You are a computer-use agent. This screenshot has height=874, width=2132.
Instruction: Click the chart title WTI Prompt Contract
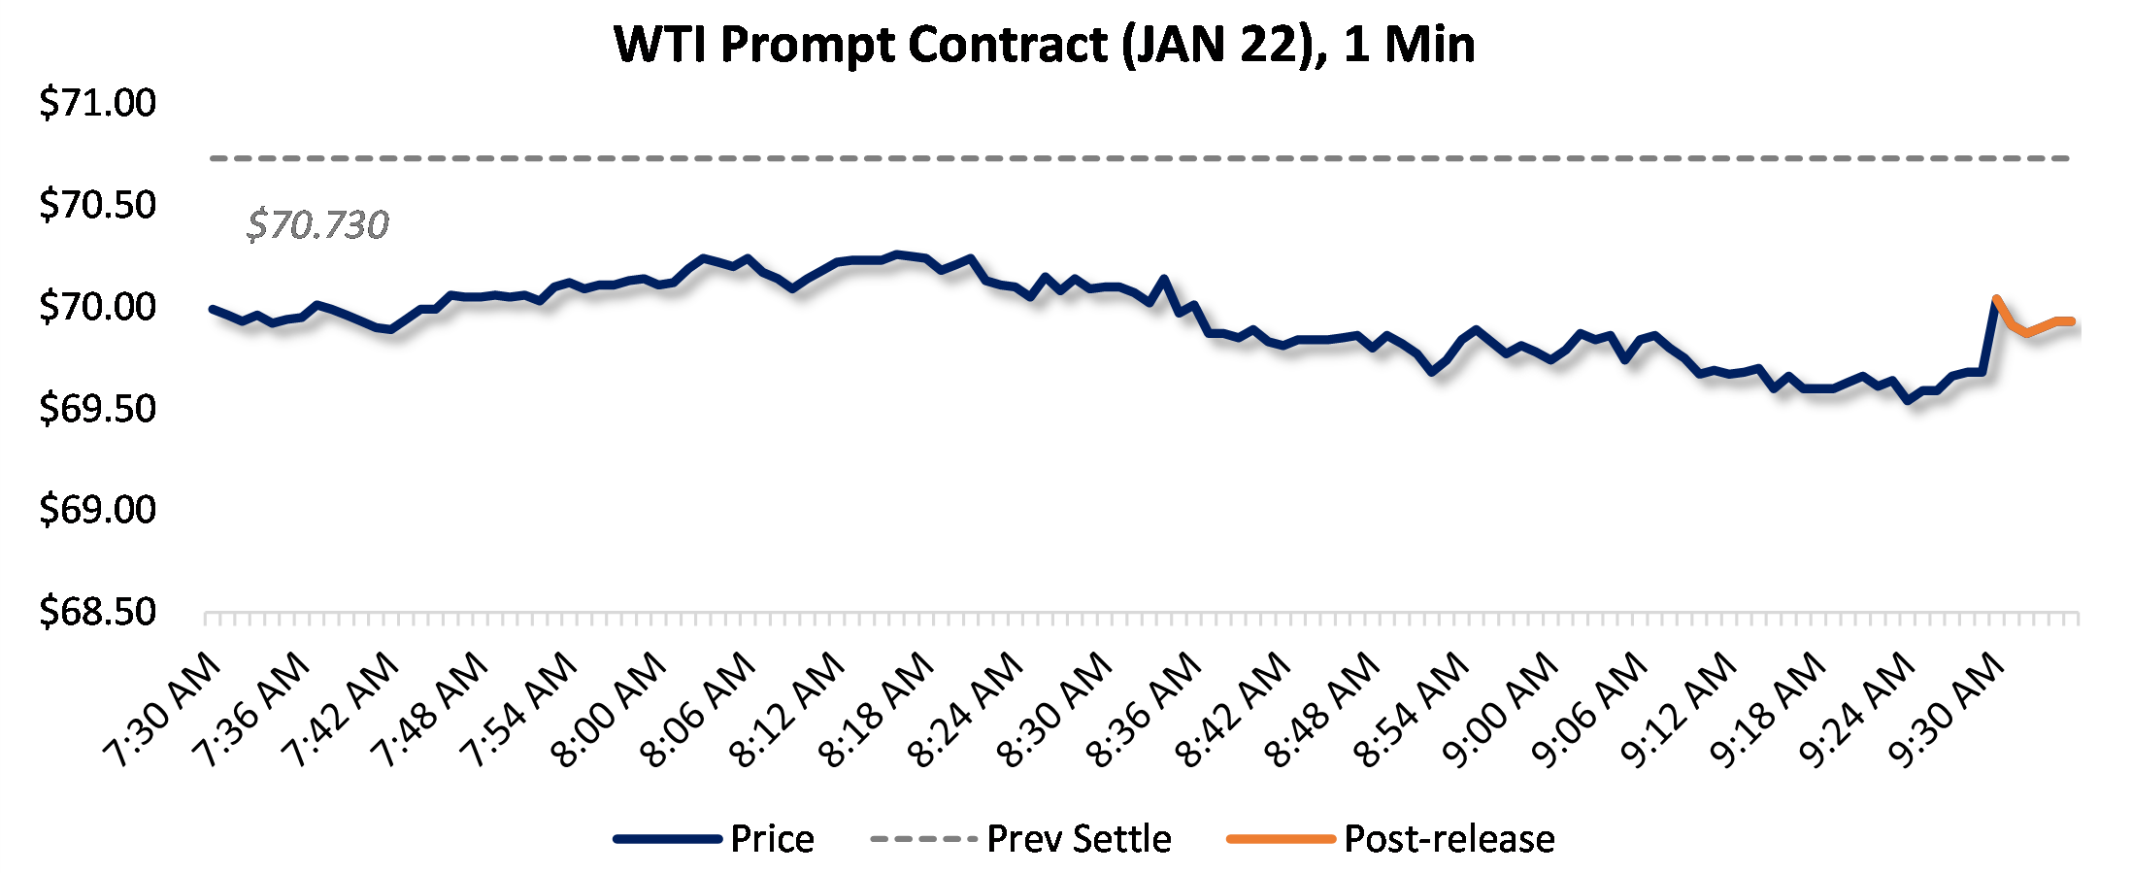click(1045, 45)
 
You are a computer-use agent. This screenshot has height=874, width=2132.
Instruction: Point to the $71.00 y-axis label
click(97, 103)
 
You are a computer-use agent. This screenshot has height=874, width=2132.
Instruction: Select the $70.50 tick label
click(97, 205)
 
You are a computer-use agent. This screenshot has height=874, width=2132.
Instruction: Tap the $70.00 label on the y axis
click(97, 307)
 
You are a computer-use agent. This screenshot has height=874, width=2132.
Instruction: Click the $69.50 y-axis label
click(97, 409)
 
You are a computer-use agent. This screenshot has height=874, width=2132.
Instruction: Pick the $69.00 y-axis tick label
click(97, 510)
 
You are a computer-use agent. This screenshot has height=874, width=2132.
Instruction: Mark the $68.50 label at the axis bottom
click(97, 612)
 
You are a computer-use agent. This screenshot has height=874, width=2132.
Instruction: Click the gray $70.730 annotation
click(317, 225)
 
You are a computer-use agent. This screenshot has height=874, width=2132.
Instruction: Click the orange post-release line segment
click(2039, 327)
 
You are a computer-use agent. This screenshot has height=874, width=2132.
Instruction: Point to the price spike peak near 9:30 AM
click(1995, 299)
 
